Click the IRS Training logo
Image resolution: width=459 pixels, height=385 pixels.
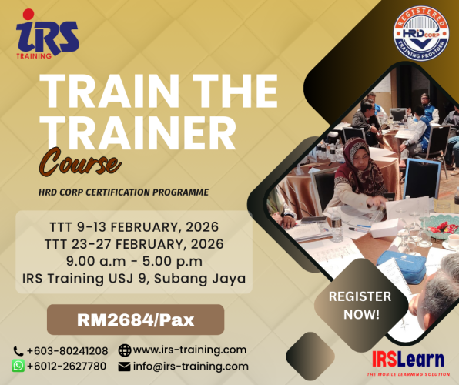click(x=48, y=34)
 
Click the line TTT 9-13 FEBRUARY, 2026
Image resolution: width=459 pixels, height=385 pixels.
click(x=132, y=227)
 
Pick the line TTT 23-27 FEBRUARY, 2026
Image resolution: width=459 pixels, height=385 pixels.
click(x=132, y=244)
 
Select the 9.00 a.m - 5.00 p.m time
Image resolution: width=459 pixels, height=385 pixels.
click(x=132, y=261)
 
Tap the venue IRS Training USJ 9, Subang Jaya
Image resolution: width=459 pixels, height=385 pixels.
click(x=132, y=278)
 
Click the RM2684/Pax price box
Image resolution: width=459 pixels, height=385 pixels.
click(x=135, y=320)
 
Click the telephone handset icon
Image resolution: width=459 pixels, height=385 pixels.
click(x=18, y=351)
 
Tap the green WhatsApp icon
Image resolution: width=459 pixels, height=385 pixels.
click(x=18, y=366)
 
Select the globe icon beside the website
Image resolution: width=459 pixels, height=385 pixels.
click(x=125, y=350)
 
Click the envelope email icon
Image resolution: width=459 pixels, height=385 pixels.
click(x=125, y=367)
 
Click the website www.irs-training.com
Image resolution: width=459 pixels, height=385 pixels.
click(x=189, y=350)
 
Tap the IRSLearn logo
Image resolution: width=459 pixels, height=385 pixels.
click(x=407, y=360)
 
